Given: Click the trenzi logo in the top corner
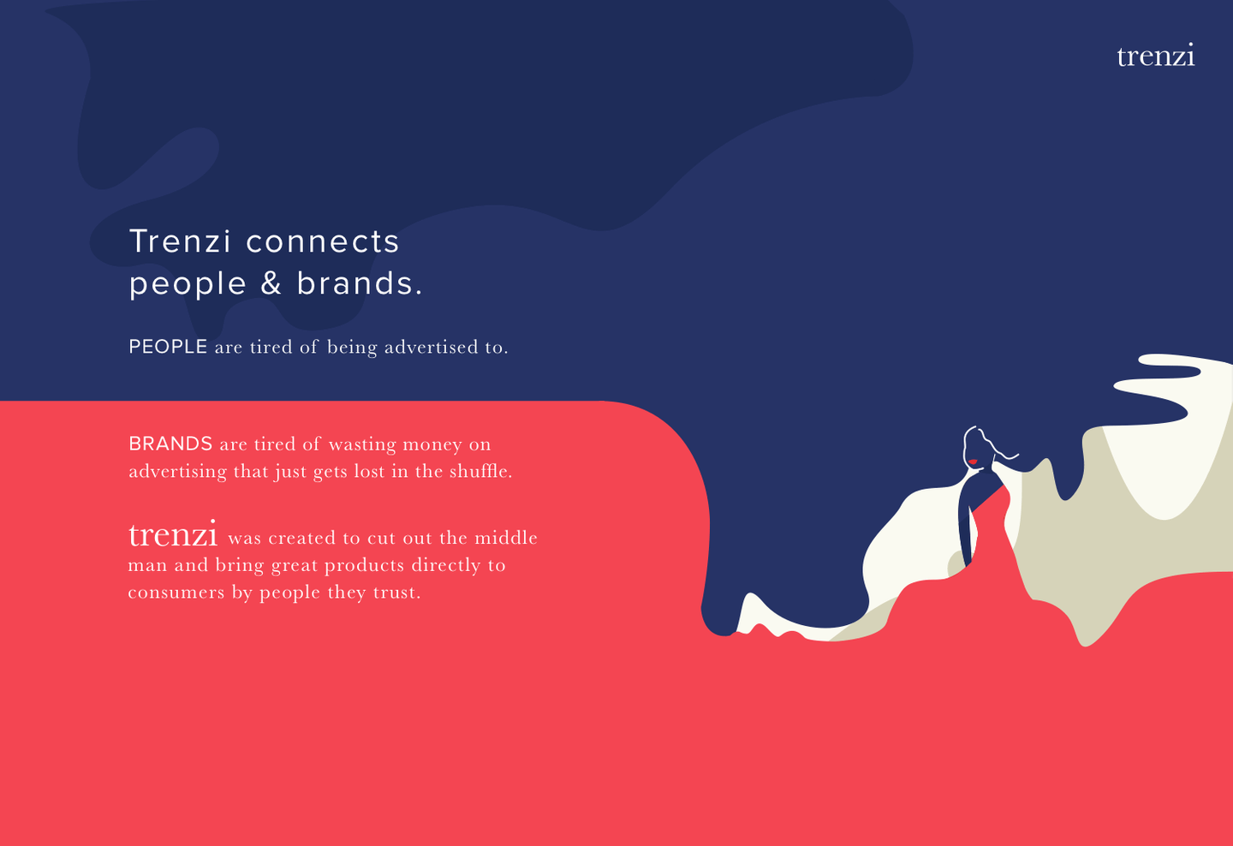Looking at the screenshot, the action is pyautogui.click(x=1155, y=55).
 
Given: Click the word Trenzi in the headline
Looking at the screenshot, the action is pyautogui.click(x=180, y=241).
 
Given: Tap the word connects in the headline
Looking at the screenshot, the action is pyautogui.click(x=322, y=242).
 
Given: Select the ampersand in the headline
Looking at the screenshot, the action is pyautogui.click(x=271, y=283).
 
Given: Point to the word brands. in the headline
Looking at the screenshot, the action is pyautogui.click(x=360, y=283).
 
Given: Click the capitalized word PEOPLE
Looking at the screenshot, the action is pyautogui.click(x=168, y=347).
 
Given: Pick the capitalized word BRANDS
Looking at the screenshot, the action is pyautogui.click(x=170, y=444).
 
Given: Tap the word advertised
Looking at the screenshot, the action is pyautogui.click(x=431, y=347).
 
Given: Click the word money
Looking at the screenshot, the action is pyautogui.click(x=432, y=445).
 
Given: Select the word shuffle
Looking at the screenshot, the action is pyautogui.click(x=480, y=471).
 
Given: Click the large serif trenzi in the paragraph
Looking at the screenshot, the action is pyautogui.click(x=173, y=534).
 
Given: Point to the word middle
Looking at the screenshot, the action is pyautogui.click(x=506, y=537).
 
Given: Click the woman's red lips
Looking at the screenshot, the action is pyautogui.click(x=974, y=462).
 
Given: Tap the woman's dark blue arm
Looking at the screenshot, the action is pyautogui.click(x=964, y=523).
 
